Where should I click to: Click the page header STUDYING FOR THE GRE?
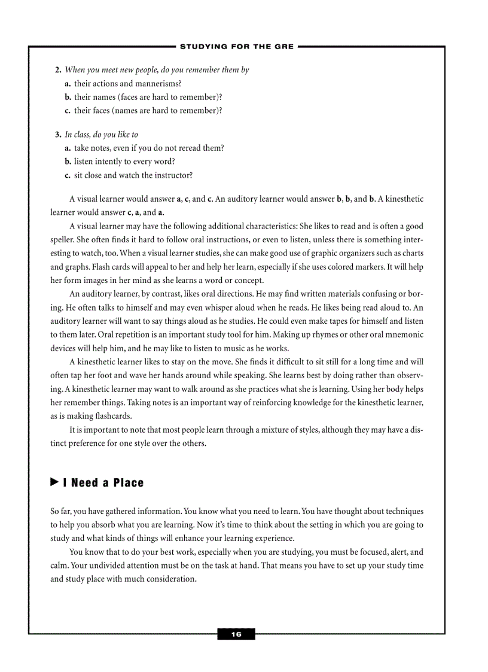[x=237, y=46]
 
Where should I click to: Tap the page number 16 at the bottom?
[x=236, y=634]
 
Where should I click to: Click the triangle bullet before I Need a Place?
[x=54, y=482]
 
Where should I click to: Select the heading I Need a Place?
[x=107, y=483]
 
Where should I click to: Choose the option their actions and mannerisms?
[x=127, y=84]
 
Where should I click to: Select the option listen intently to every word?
[x=124, y=162]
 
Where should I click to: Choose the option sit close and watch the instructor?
[x=133, y=175]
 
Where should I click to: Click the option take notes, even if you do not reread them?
[x=149, y=148]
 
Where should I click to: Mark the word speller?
[x=63, y=239]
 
